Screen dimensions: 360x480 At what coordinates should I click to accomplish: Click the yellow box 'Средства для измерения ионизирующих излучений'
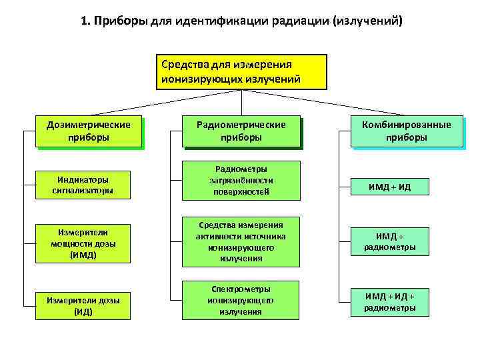click(x=241, y=72)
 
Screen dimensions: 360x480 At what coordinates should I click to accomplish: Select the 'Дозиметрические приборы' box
click(x=89, y=131)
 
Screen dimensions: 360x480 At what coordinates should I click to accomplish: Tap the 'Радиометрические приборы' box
click(x=241, y=131)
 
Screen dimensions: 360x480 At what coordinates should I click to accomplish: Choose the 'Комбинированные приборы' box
click(x=407, y=131)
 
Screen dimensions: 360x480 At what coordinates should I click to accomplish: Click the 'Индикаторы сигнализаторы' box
click(x=83, y=185)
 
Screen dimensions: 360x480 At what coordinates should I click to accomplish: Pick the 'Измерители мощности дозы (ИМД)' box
click(x=83, y=243)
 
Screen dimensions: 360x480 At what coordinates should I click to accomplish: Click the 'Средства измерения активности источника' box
click(x=241, y=241)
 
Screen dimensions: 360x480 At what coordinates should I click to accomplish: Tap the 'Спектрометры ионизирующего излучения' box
click(x=241, y=300)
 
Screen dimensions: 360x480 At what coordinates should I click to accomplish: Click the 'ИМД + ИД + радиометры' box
click(x=390, y=301)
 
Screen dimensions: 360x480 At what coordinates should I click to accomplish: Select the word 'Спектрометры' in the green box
click(x=241, y=289)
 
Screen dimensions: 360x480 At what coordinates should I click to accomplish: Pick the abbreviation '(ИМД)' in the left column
click(x=83, y=255)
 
